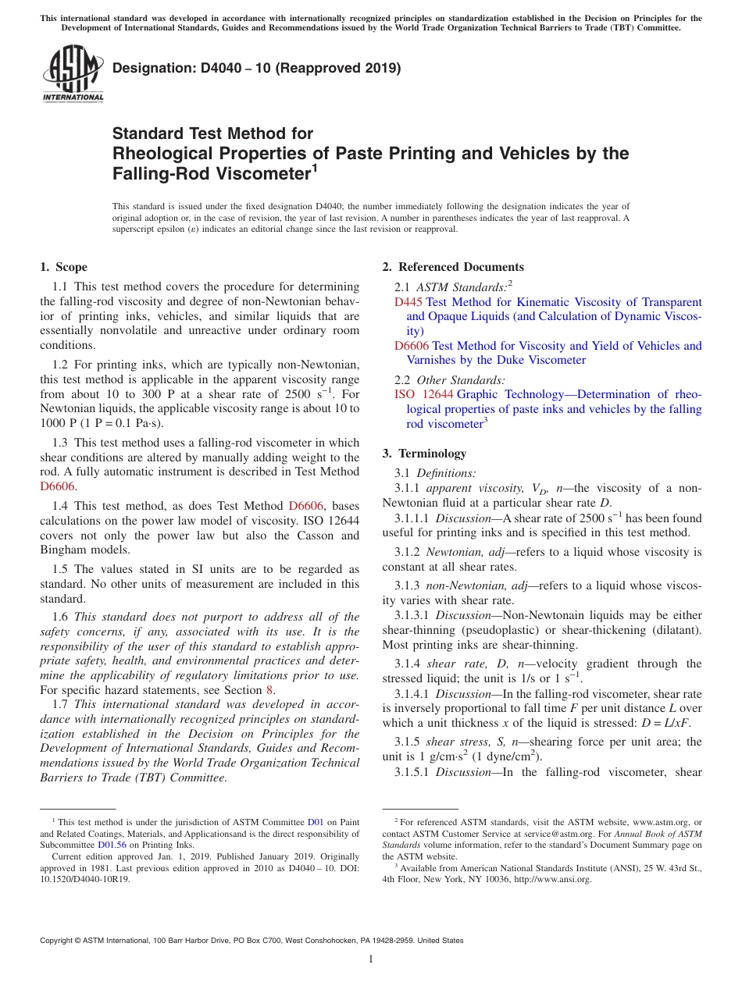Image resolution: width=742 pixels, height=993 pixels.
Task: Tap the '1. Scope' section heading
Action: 64,267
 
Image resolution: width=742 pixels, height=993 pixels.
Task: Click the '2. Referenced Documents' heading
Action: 453,267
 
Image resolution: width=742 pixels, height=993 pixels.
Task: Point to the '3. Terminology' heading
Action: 424,453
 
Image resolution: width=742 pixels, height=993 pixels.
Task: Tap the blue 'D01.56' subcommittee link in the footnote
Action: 112,844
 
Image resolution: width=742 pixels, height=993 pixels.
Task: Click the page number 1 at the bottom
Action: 371,959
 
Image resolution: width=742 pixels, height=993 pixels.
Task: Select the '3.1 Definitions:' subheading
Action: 435,472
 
